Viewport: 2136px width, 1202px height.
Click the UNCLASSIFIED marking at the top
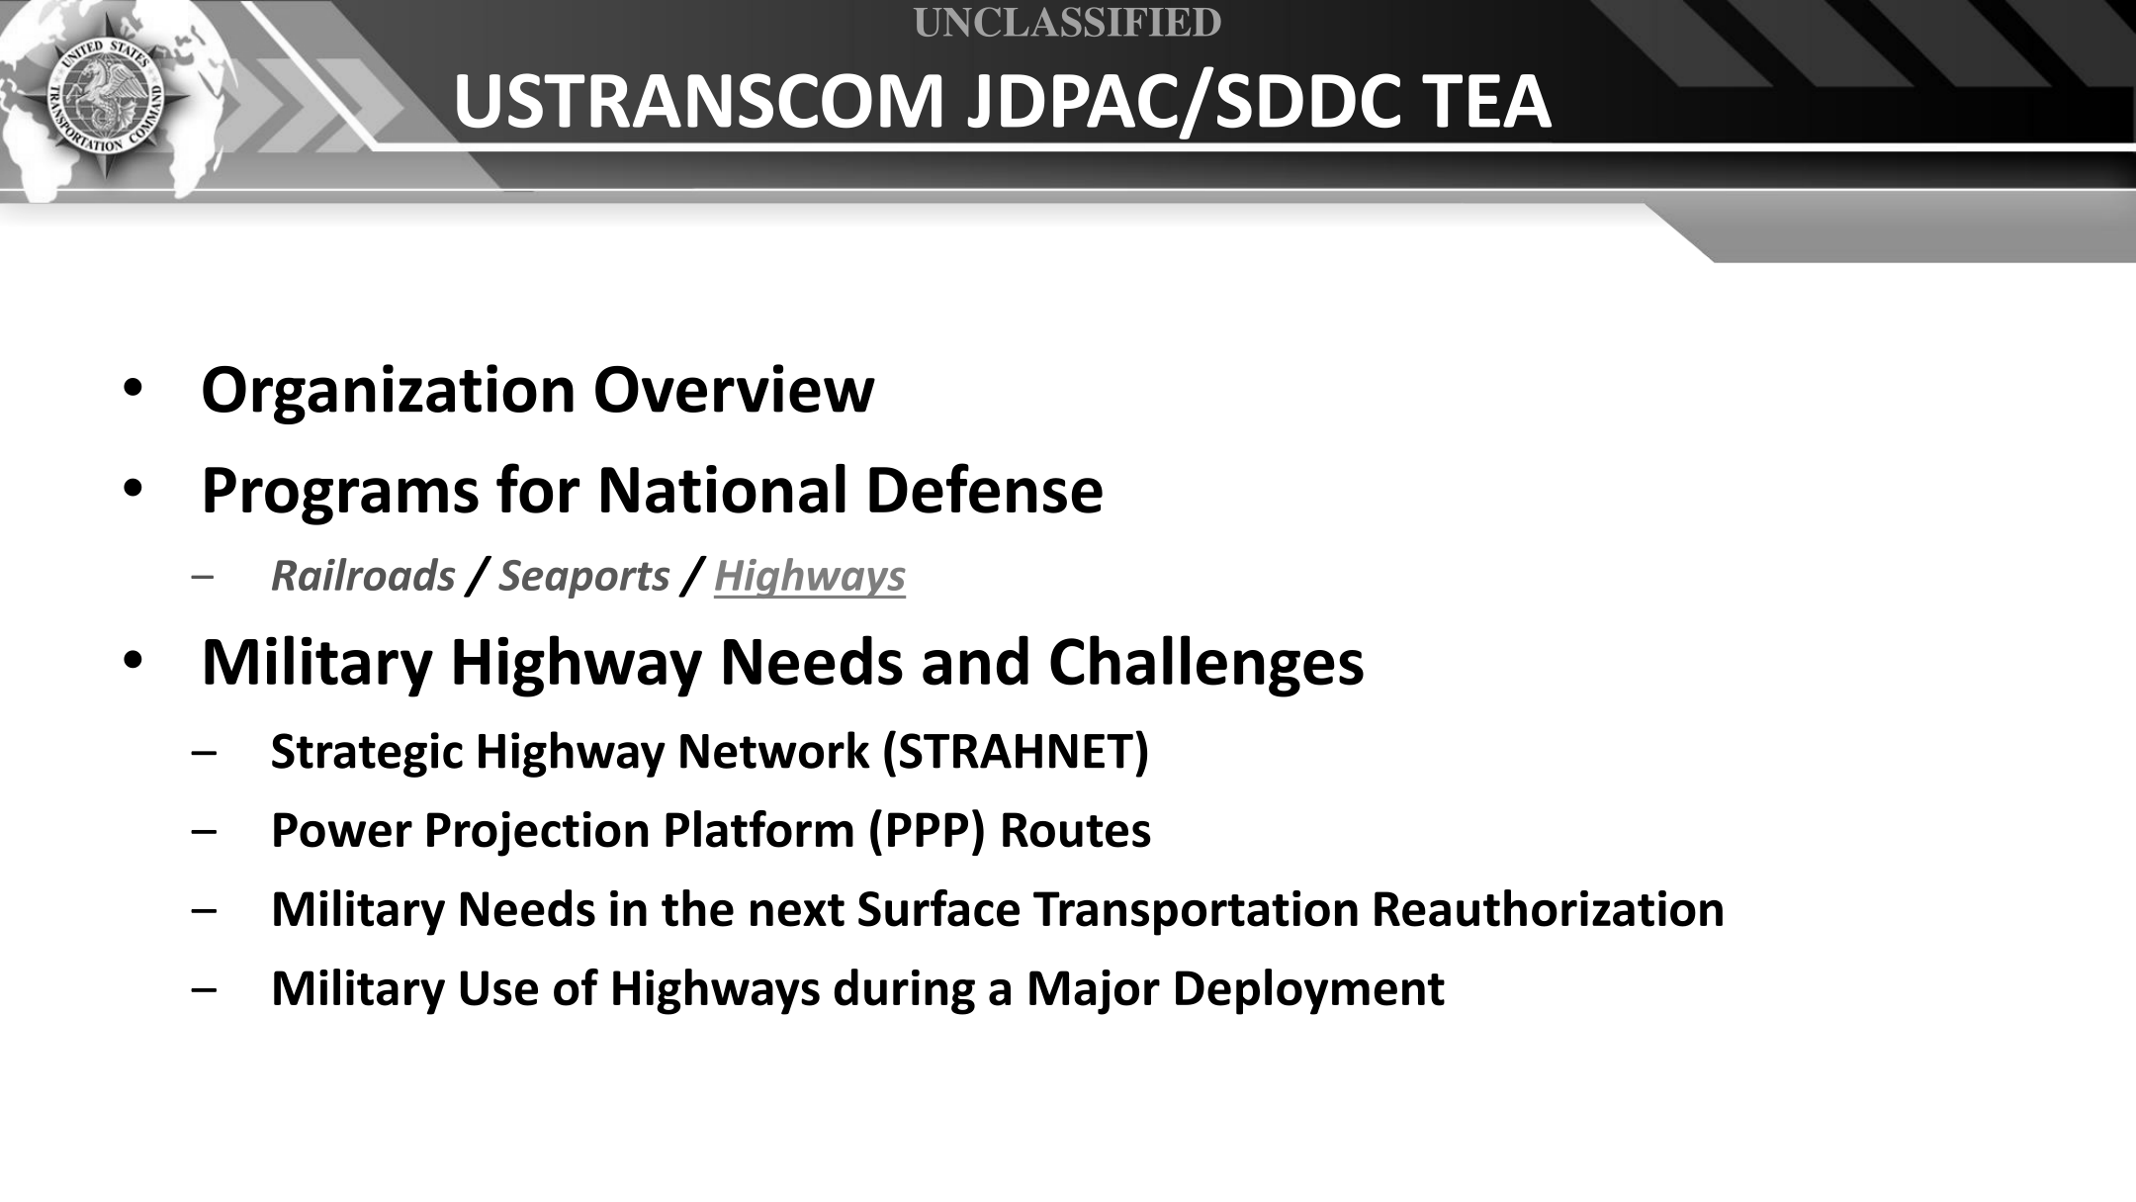tap(1067, 22)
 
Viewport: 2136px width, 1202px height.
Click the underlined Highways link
tap(809, 576)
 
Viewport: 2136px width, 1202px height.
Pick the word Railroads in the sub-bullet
tap(363, 576)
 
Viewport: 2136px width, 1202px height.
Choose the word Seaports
tap(584, 577)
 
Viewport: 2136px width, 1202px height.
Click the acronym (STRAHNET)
tap(1015, 752)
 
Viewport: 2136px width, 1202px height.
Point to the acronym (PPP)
tap(928, 831)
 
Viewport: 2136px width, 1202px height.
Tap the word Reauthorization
tap(1547, 909)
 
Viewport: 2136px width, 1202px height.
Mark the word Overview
tap(734, 390)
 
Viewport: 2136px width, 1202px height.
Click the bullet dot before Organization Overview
tap(133, 390)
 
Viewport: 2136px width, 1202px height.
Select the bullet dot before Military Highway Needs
tap(133, 662)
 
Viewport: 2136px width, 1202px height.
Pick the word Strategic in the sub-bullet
tap(367, 752)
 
